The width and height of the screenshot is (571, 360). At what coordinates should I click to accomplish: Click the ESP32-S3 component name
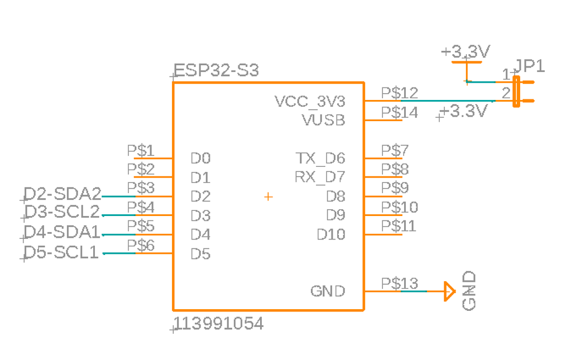pos(217,71)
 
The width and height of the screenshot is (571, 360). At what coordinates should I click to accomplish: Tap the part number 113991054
pos(220,324)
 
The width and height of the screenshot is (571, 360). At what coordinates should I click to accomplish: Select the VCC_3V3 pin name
pos(310,102)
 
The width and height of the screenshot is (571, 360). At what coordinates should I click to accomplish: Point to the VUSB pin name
pos(324,121)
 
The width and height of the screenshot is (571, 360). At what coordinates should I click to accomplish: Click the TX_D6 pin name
pos(320,158)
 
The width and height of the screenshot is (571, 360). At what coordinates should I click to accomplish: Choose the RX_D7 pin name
pos(320,177)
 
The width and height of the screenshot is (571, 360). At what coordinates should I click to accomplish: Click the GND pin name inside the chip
pos(328,291)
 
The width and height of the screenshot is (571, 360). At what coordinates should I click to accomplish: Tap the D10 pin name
pos(331,234)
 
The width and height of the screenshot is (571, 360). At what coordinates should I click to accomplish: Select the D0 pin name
pos(201,158)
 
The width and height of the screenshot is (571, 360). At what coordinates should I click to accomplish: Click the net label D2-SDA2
pos(63,194)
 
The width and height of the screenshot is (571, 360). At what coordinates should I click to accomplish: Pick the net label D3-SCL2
pos(63,212)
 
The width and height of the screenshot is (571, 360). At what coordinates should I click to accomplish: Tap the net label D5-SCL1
pos(62,252)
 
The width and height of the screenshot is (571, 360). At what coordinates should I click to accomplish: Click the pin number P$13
pos(400,283)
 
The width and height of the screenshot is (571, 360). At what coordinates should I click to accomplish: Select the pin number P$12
pos(400,93)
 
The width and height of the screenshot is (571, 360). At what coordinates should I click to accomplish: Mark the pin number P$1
pos(141,150)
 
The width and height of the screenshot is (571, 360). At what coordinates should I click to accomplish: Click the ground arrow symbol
pos(449,291)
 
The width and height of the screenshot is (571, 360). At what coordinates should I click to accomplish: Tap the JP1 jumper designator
pos(530,66)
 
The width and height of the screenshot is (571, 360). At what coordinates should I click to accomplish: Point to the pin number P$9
pos(395,187)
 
